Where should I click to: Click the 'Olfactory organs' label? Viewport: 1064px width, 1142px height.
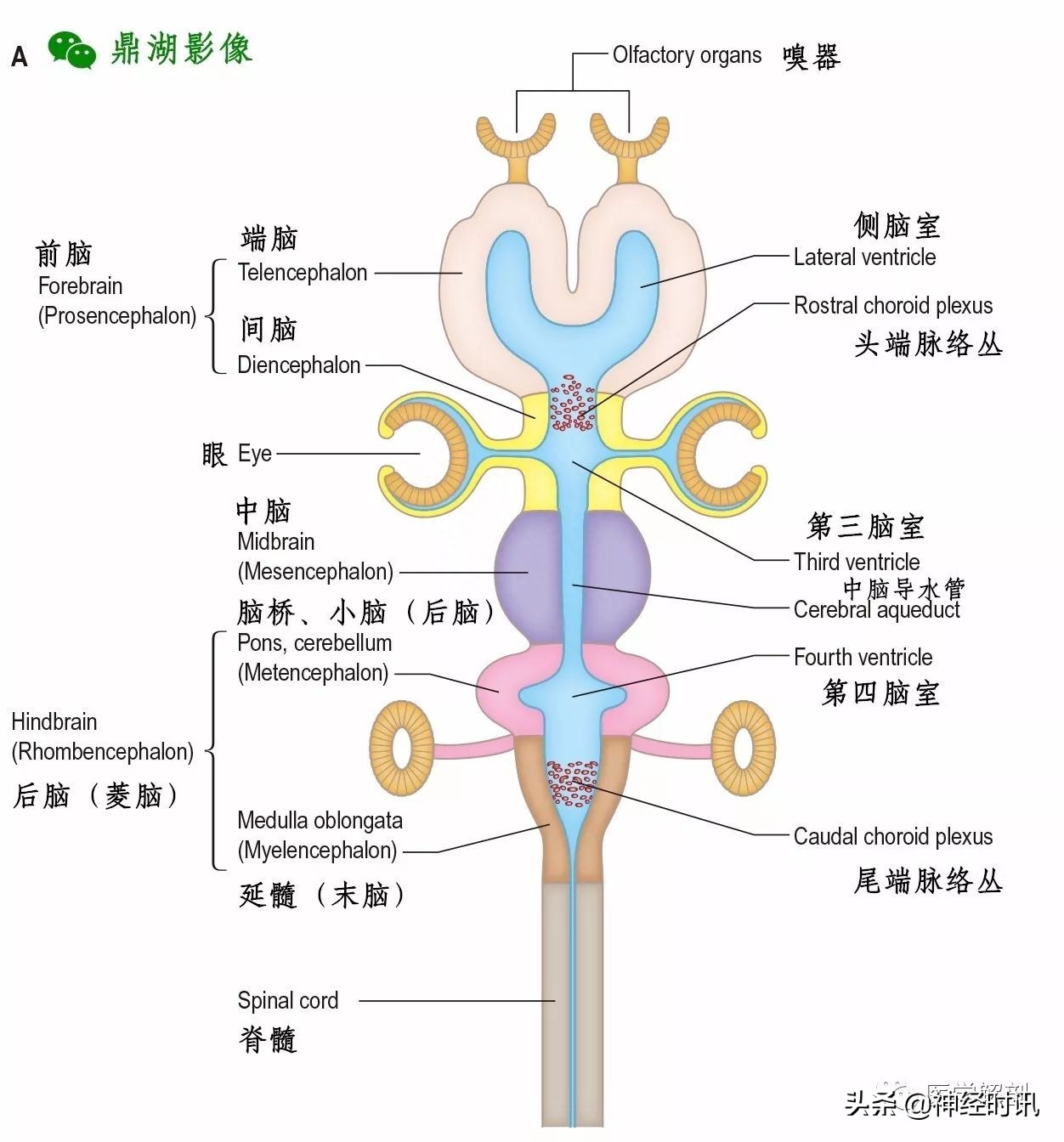pyautogui.click(x=687, y=55)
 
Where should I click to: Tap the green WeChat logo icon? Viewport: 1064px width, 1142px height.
pyautogui.click(x=71, y=49)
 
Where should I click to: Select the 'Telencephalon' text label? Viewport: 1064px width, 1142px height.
pyautogui.click(x=303, y=273)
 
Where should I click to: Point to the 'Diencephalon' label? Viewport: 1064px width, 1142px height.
pyautogui.click(x=299, y=365)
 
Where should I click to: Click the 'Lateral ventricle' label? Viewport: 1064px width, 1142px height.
pyautogui.click(x=864, y=257)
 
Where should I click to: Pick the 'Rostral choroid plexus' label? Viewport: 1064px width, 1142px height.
pyautogui.click(x=893, y=306)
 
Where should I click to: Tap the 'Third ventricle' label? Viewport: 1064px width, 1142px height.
pyautogui.click(x=857, y=562)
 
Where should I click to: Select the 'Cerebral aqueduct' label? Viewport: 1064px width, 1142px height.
pyautogui.click(x=876, y=610)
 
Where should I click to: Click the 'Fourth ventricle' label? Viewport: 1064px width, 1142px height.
pyautogui.click(x=863, y=657)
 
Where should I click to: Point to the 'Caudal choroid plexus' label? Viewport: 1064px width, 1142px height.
pyautogui.click(x=893, y=837)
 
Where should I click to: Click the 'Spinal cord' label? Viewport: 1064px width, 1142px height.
pyautogui.click(x=288, y=1001)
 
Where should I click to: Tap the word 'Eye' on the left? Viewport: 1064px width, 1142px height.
pyautogui.click(x=255, y=454)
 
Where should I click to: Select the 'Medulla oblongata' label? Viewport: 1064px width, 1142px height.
pyautogui.click(x=320, y=821)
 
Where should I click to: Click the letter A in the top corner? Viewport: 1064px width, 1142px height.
pyautogui.click(x=20, y=57)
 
